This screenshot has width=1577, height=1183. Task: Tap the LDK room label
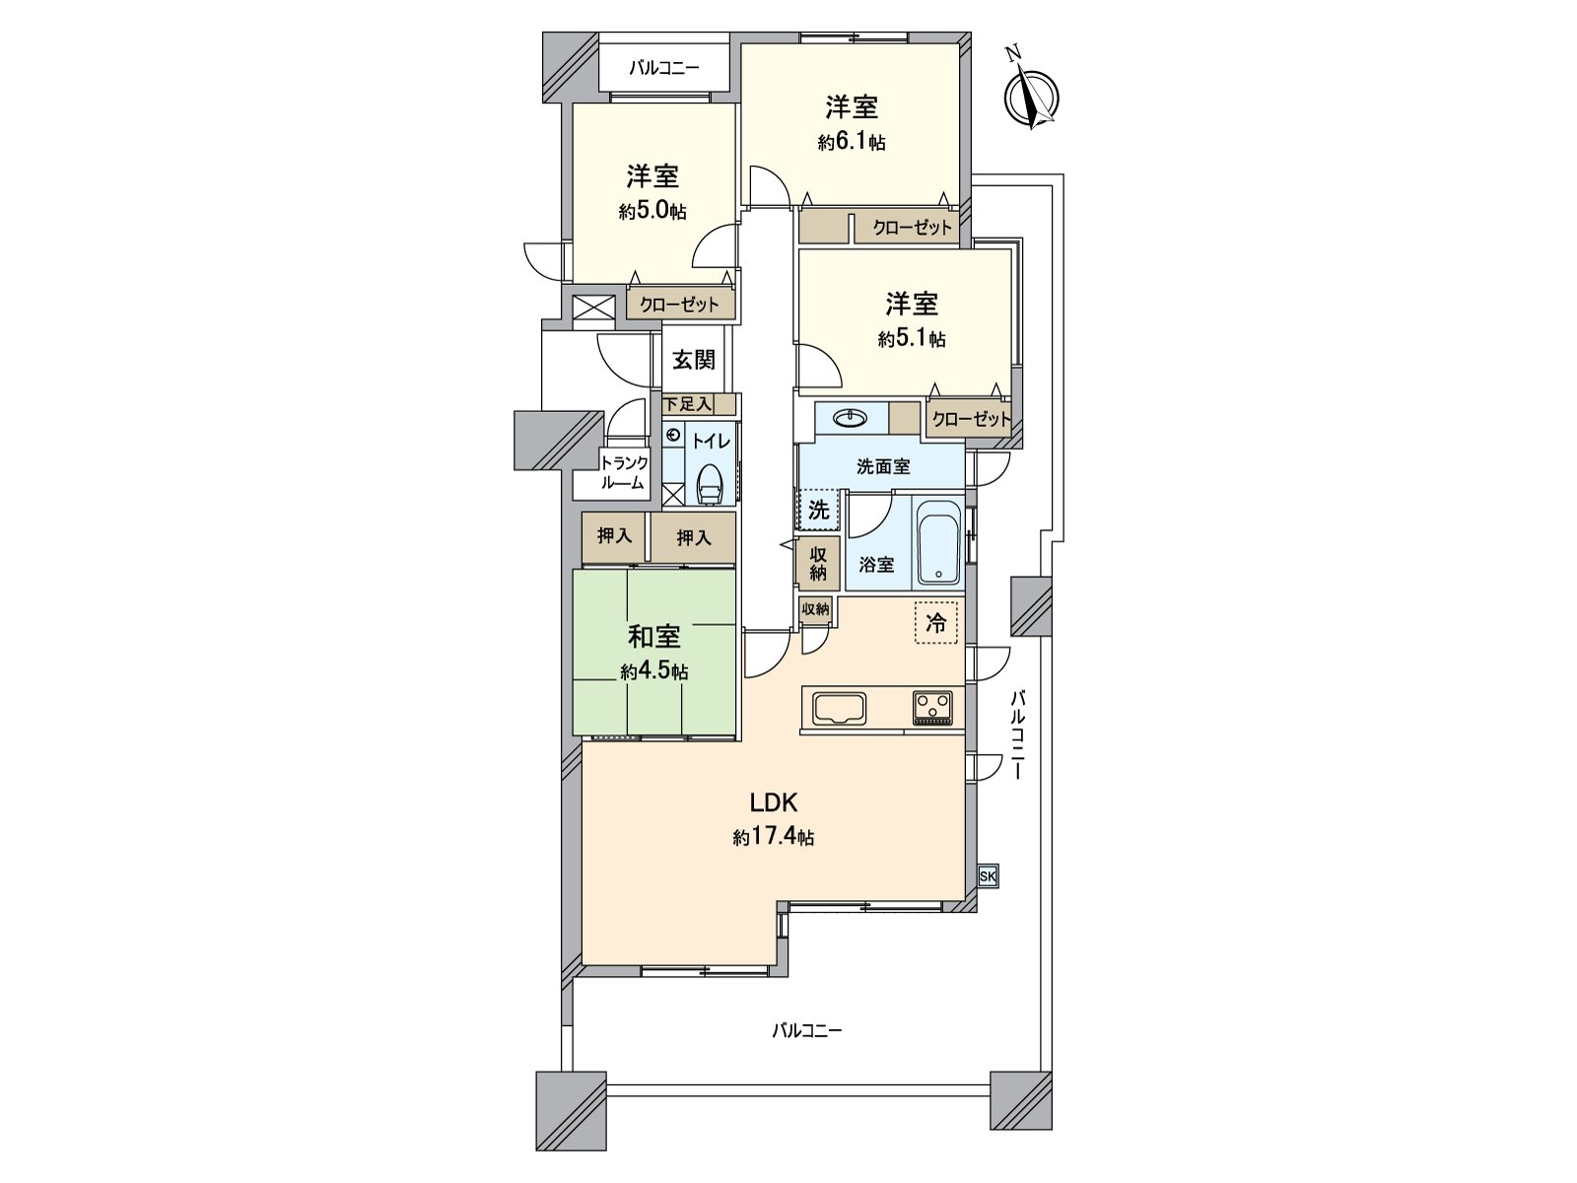[x=774, y=802]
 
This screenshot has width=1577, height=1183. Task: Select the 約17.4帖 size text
[x=773, y=838]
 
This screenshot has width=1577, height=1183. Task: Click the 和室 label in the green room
[x=653, y=637]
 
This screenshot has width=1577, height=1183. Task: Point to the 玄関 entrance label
[x=693, y=360]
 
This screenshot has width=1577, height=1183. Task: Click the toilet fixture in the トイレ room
[x=710, y=484]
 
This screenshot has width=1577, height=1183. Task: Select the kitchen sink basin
[x=839, y=709]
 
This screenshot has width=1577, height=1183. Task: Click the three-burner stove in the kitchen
[x=932, y=708]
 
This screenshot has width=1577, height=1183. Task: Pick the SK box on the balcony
[x=988, y=876]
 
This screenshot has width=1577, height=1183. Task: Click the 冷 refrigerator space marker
[x=935, y=622]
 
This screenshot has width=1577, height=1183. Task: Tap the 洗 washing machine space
[x=819, y=510]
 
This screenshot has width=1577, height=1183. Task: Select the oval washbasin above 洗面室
[x=852, y=417]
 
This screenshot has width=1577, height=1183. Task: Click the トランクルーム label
[x=624, y=472]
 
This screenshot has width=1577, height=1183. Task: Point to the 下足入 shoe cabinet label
[x=688, y=403]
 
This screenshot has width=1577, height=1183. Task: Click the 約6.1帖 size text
[x=852, y=143]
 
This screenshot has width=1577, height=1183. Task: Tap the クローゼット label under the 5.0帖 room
[x=680, y=305]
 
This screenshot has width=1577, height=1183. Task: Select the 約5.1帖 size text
[x=912, y=339]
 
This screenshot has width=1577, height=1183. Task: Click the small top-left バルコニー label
[x=664, y=69]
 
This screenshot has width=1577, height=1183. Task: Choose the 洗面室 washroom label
[x=883, y=467]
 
